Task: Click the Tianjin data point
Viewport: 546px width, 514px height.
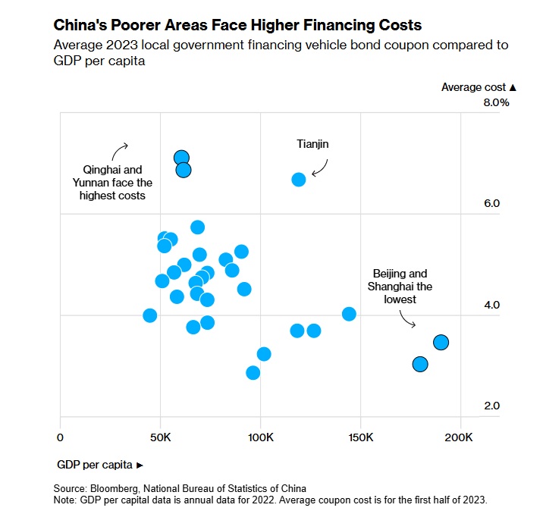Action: (299, 179)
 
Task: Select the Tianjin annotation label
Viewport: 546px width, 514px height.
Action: (312, 143)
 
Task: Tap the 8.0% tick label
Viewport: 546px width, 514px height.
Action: (496, 102)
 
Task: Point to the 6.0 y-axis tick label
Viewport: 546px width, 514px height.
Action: (492, 203)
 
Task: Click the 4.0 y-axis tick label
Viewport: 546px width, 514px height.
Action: (492, 305)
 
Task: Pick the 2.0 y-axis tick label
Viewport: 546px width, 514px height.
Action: (492, 406)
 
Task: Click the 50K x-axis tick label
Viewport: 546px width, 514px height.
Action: (161, 438)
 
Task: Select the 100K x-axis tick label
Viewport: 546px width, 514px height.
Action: (260, 438)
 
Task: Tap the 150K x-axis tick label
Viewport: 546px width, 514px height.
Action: (360, 438)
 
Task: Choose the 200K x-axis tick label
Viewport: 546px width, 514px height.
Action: (460, 438)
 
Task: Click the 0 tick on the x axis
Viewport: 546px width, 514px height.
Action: (60, 438)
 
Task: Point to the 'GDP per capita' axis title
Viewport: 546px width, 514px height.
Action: (96, 463)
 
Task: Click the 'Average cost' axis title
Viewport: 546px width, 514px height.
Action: (474, 87)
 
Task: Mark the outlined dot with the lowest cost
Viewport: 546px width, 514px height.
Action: (420, 365)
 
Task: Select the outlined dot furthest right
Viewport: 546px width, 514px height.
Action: (441, 343)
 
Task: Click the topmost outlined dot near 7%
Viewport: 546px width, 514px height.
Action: (181, 158)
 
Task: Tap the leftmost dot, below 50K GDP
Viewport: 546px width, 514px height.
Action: (150, 315)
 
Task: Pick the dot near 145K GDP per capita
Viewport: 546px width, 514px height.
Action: (349, 314)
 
